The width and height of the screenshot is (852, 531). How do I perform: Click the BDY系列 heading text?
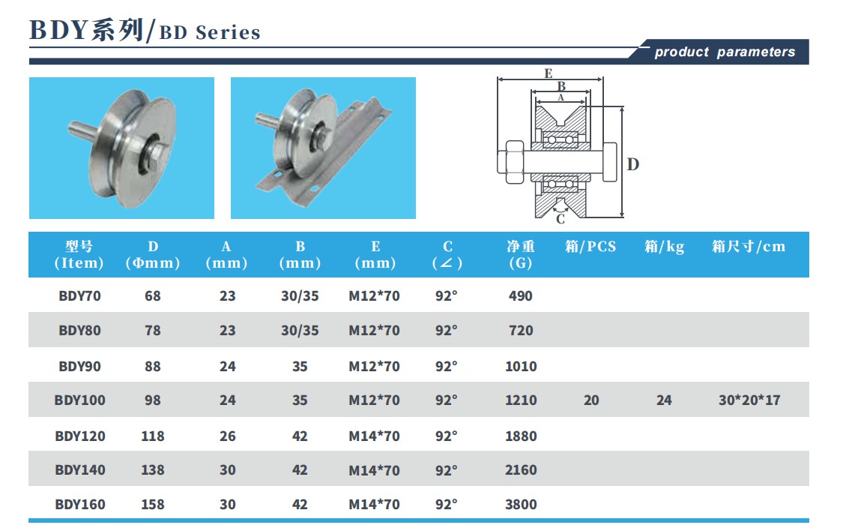point(86,31)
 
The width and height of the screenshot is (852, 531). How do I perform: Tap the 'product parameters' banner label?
point(725,52)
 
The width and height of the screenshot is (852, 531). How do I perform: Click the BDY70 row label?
point(80,296)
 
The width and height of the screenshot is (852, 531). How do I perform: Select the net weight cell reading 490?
point(521,296)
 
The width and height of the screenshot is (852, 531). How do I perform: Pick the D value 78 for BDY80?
point(153,330)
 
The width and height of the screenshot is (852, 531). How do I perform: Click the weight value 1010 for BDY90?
point(521,366)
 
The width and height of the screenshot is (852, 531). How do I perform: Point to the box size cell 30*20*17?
point(749,400)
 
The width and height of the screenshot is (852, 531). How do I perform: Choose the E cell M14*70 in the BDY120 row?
point(375,436)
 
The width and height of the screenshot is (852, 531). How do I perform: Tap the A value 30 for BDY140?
point(228,469)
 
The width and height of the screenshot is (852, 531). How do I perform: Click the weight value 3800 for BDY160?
point(521,504)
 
